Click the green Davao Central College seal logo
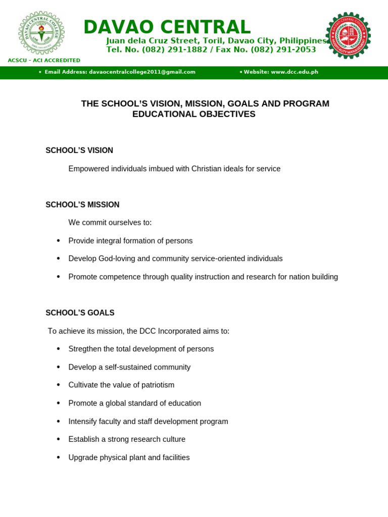pos(41,33)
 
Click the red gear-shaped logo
pos(348,35)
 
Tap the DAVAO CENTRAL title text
pos(167,27)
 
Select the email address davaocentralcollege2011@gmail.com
pos(142,72)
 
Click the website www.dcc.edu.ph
pos(294,72)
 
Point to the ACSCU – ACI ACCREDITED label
pos(44,61)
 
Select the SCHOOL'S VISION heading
pos(79,150)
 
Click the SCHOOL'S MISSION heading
pos(82,205)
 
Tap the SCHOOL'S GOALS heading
pos(80,313)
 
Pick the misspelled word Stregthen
pos(85,349)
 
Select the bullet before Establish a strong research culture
pos(59,439)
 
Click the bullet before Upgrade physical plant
pos(59,457)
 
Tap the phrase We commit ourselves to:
pos(110,223)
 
